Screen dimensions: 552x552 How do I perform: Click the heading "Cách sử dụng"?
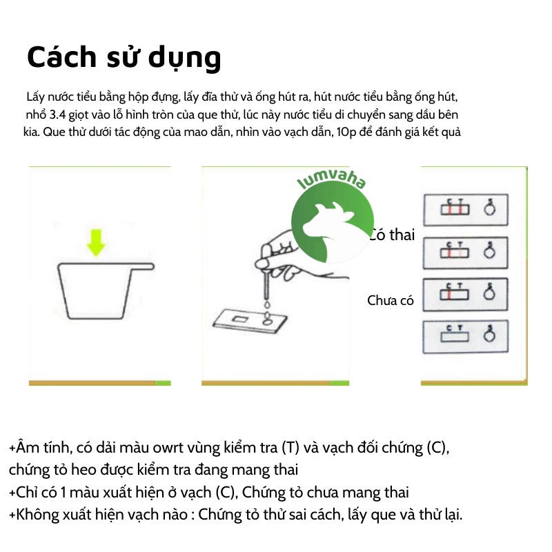[x=124, y=58]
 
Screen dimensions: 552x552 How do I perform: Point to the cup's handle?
[x=141, y=266]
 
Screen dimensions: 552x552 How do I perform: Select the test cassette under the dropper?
[x=248, y=322]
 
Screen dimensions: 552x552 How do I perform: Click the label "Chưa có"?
[x=390, y=300]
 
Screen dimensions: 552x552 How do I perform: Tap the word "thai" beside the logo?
[x=402, y=235]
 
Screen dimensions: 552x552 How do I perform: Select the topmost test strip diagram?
[x=465, y=208]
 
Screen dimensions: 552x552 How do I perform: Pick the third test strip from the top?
[x=465, y=293]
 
